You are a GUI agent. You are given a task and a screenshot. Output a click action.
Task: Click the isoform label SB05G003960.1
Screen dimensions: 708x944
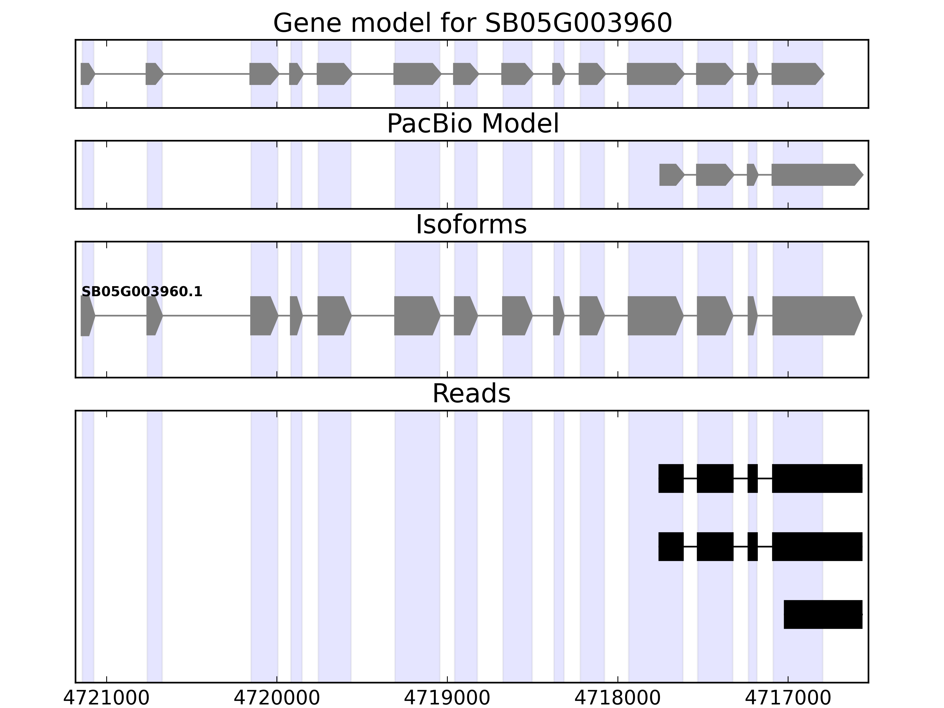[x=142, y=292]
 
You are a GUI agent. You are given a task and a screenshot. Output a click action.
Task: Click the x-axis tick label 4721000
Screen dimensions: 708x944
[x=106, y=698]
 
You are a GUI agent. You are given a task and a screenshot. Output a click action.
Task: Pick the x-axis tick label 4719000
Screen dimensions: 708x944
[x=447, y=698]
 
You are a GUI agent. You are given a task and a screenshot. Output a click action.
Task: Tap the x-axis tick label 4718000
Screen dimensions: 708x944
[x=617, y=698]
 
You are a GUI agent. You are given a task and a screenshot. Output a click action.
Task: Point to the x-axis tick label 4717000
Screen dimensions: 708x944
[x=788, y=698]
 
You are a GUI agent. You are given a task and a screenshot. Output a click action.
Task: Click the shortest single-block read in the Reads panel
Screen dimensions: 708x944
[x=823, y=614]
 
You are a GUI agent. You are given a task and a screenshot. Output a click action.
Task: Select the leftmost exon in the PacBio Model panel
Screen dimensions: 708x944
[x=670, y=175]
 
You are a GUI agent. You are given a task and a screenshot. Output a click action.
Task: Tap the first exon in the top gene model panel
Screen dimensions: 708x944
[x=87, y=74]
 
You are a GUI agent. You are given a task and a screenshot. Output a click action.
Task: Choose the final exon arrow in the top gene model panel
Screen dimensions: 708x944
[x=796, y=74]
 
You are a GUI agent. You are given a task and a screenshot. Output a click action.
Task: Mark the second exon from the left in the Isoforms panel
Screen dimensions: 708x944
[x=154, y=316]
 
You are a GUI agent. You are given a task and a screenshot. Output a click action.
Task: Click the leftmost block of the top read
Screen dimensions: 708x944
[x=671, y=478]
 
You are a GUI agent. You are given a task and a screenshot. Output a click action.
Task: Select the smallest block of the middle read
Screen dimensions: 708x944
[x=752, y=547]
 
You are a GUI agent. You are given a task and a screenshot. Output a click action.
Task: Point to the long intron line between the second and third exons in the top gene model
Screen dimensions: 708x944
[x=206, y=74]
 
